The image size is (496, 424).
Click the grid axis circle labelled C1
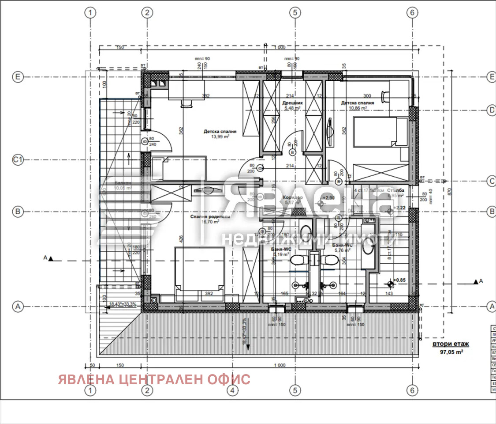17,160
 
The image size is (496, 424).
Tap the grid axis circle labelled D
492,110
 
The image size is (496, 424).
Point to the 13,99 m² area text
220,137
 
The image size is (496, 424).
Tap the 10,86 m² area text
357,108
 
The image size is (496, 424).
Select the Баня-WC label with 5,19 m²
281,249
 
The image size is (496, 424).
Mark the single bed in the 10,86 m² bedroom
380,131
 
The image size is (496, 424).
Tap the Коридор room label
292,198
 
